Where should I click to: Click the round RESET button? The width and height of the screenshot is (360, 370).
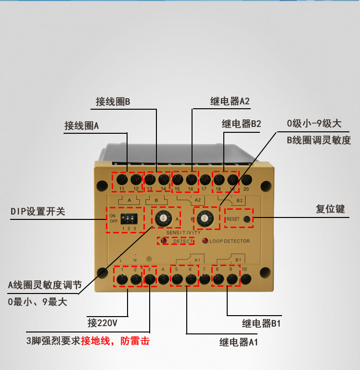pos(247,219)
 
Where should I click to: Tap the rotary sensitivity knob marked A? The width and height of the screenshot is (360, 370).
pos(163,218)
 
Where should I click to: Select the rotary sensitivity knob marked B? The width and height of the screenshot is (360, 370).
pos(205,218)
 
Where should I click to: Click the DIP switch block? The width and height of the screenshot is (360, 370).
pos(129,219)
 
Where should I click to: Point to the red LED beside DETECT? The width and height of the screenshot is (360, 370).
pos(164,241)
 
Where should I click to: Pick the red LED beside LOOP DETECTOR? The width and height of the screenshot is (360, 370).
pos(205,241)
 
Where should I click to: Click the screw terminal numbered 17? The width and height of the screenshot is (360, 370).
pos(205,180)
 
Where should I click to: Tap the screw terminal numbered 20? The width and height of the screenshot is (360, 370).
pos(246,180)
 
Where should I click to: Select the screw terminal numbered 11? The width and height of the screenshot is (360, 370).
pos(122,180)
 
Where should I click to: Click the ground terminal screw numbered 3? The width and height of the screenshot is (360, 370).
pos(150,280)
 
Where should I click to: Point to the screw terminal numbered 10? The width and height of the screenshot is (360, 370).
pos(246,280)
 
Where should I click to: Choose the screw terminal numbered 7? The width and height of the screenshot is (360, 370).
pos(205,280)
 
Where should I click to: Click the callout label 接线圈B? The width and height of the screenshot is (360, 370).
pos(113,102)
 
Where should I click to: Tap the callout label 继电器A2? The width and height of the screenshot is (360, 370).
pos(230,101)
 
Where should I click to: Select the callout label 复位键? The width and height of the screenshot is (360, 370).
pos(330,209)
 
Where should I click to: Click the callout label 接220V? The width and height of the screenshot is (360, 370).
pos(103,322)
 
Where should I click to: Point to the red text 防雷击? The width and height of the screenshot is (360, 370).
pos(135,341)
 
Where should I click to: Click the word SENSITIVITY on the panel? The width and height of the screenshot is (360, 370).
pos(183,233)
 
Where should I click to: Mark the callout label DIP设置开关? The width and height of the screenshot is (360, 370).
pos(38,211)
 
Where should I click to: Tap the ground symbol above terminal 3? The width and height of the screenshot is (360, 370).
pos(149,259)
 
